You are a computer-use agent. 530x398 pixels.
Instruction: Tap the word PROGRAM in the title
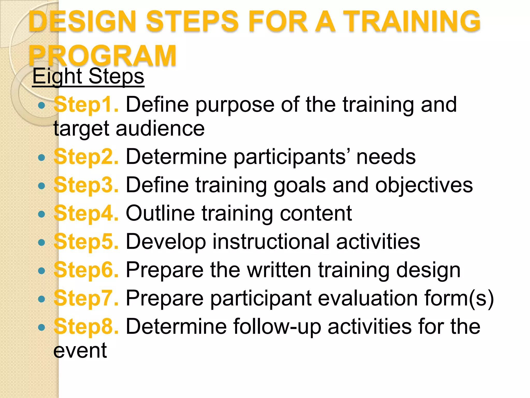102,55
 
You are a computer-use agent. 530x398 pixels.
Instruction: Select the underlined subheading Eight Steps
88,76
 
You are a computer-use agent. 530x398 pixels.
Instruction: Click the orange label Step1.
86,105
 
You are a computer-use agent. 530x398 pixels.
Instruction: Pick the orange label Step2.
86,157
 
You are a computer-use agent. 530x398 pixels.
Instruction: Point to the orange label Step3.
86,185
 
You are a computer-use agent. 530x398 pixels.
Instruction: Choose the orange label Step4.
86,213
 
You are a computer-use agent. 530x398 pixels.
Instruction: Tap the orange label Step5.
86,241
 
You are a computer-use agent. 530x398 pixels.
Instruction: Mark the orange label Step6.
86,270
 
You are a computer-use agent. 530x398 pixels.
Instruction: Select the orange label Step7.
86,298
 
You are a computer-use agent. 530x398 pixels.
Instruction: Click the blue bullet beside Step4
41,214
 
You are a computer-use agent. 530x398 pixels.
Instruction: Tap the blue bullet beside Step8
41,327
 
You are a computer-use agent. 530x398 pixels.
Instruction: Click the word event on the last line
80,351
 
